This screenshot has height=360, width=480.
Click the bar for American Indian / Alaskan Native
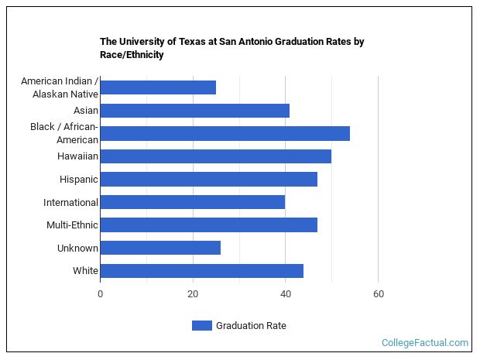tap(158, 87)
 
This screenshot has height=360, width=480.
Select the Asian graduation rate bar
tap(194, 111)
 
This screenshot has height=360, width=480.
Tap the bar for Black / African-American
tap(225, 133)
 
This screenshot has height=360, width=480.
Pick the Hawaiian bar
tap(215, 156)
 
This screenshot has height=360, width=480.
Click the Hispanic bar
tap(208, 180)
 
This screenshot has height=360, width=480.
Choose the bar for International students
tap(192, 202)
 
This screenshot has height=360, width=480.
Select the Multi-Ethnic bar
tap(208, 225)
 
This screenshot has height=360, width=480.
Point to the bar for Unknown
tap(160, 248)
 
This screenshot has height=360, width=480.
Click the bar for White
tap(201, 271)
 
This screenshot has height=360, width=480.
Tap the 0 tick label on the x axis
tap(100, 294)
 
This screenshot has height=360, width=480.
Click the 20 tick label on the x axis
tap(193, 294)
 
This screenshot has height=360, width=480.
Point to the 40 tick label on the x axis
tap(285, 294)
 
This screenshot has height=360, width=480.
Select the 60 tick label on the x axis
tap(378, 294)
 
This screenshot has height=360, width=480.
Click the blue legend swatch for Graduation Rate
tap(201, 326)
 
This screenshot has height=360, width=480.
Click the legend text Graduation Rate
tap(251, 326)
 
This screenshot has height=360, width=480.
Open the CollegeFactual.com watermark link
tap(425, 342)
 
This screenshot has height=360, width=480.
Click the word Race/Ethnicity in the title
tap(132, 55)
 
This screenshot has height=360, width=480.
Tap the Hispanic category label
tap(79, 180)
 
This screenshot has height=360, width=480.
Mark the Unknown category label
tap(77, 249)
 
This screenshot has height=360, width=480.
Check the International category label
tap(70, 203)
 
